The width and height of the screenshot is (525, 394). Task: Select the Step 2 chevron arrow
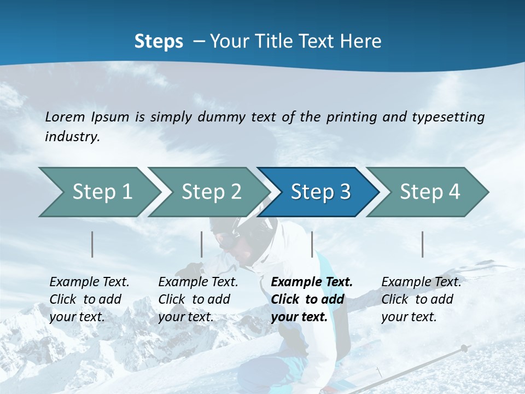[x=211, y=192]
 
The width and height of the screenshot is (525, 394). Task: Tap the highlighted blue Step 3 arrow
[x=320, y=192]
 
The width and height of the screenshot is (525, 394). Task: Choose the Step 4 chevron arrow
[x=429, y=192]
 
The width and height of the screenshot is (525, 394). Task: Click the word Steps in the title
[x=159, y=42]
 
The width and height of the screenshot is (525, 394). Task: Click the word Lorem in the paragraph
[x=65, y=117]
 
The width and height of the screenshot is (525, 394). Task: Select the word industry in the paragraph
[x=72, y=137]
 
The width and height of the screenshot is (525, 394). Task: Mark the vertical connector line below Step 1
[x=92, y=244]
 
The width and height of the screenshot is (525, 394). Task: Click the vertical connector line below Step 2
[x=202, y=244]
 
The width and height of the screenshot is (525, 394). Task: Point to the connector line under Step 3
[x=312, y=244]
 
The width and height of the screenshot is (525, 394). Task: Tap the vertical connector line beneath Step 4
[x=423, y=244]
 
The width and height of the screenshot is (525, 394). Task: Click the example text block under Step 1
[x=89, y=299]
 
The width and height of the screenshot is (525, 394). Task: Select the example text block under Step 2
[x=198, y=299]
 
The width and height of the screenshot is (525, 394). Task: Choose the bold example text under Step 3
[x=312, y=299]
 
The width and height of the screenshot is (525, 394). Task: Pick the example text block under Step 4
[x=421, y=299]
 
